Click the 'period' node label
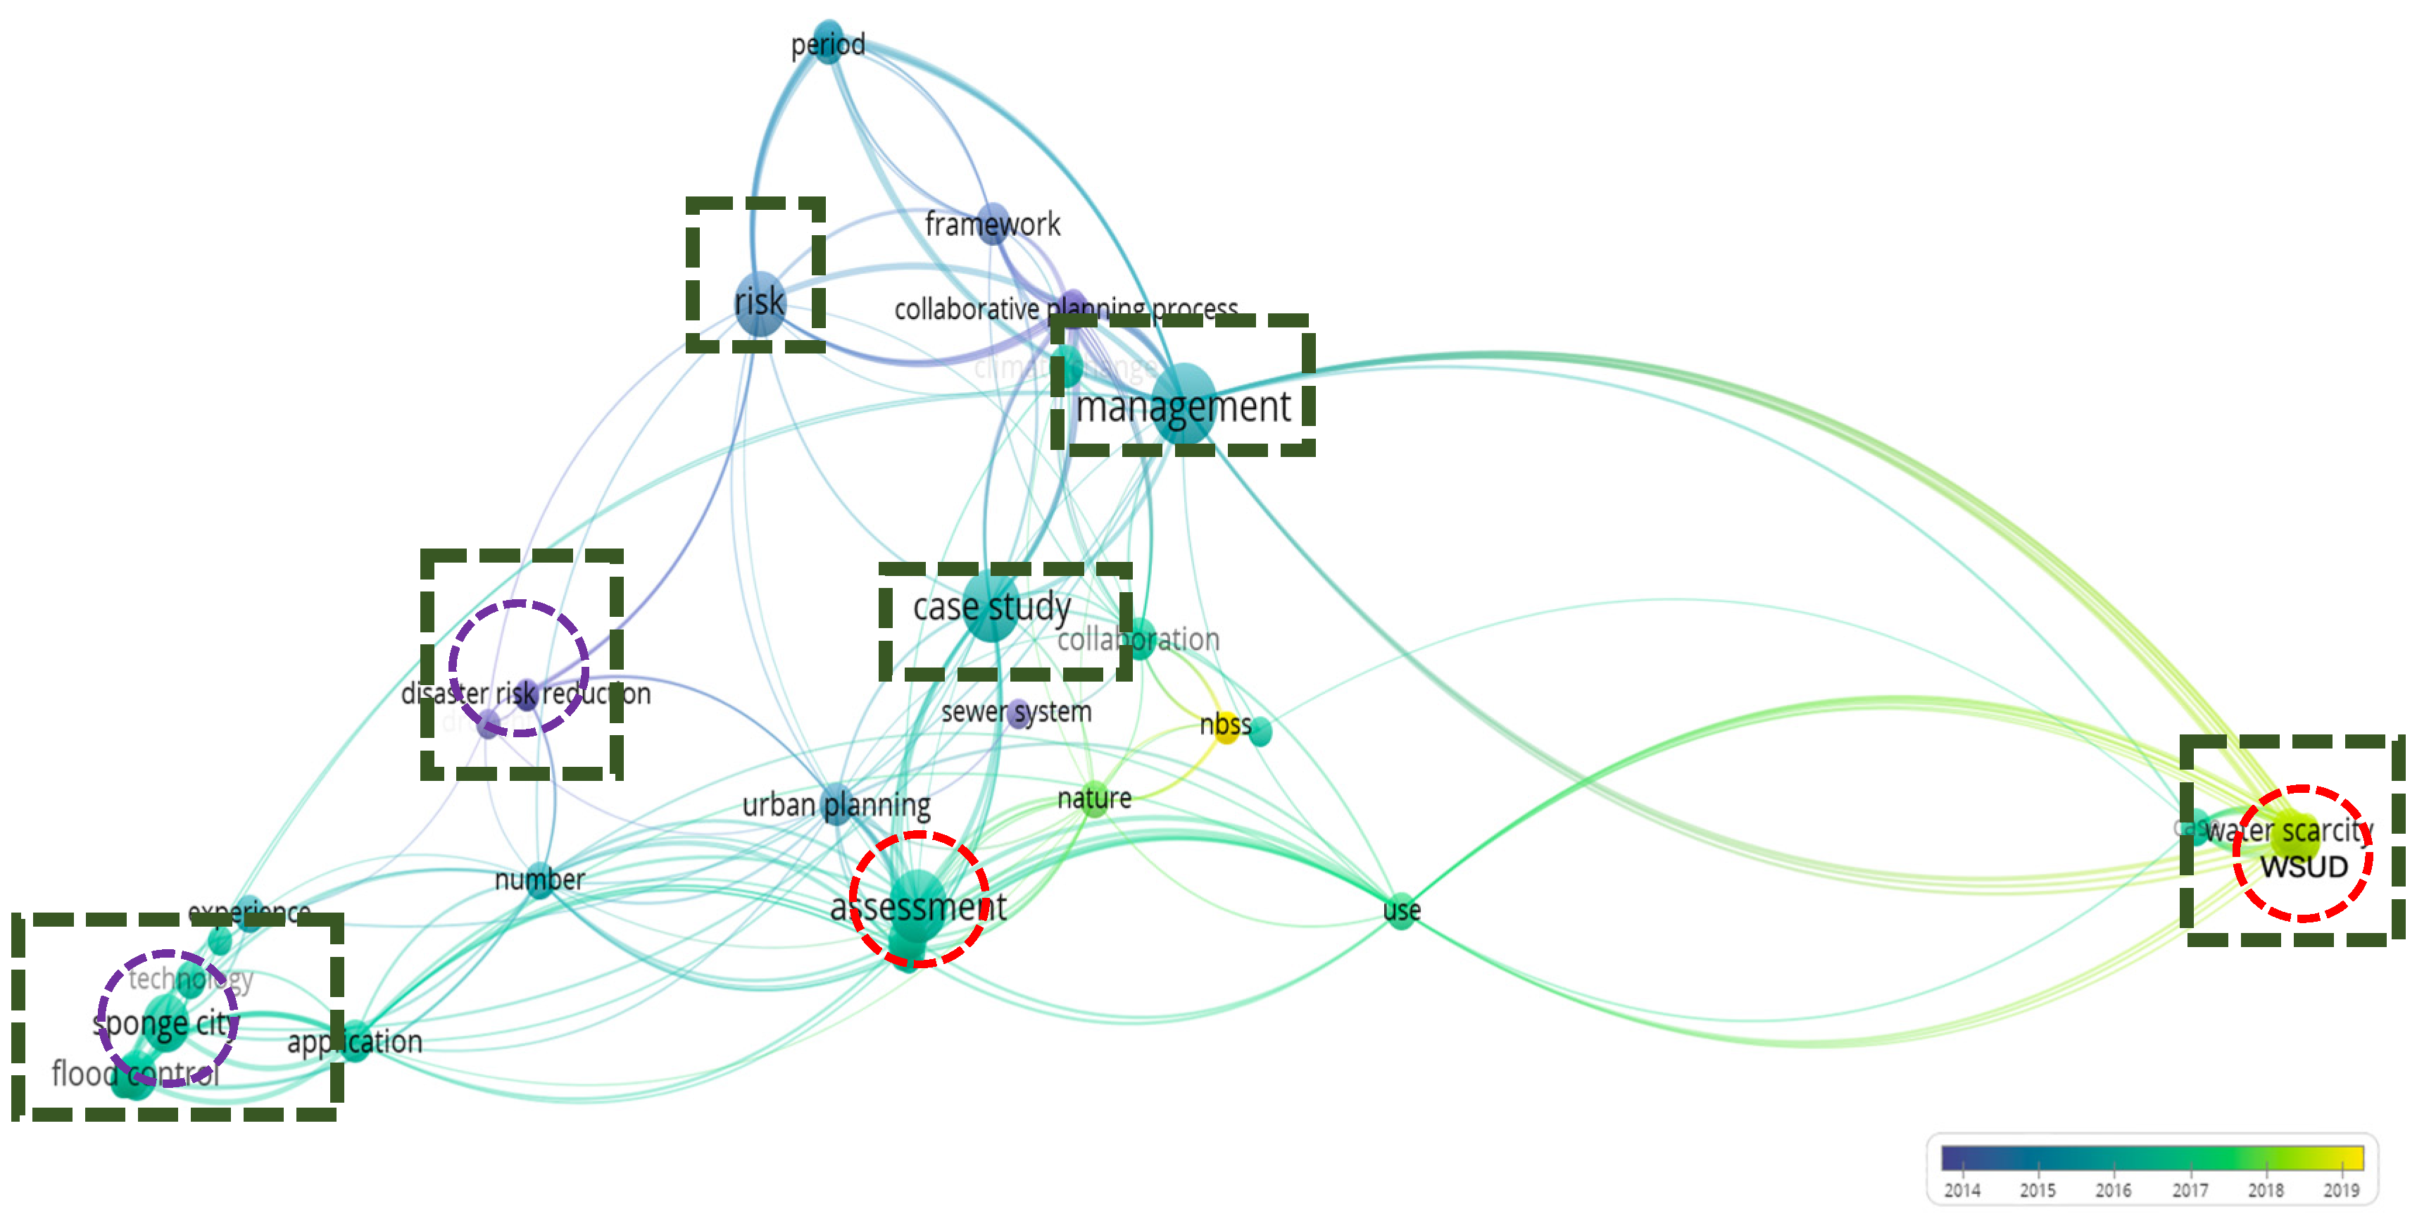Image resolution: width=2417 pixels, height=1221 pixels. click(x=827, y=44)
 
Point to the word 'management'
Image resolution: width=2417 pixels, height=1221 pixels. click(x=1184, y=407)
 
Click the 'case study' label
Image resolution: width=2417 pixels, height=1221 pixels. click(x=992, y=607)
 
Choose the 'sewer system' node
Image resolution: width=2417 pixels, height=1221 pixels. click(x=1018, y=713)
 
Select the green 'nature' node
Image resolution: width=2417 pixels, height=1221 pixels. click(x=1094, y=799)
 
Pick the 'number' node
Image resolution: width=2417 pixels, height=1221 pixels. click(x=539, y=879)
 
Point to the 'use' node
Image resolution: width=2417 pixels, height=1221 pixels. click(x=1401, y=910)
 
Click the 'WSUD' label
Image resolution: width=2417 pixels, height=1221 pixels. click(x=2304, y=866)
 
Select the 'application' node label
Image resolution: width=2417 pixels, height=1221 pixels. click(x=355, y=1041)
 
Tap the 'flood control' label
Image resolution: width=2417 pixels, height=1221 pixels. click(x=135, y=1072)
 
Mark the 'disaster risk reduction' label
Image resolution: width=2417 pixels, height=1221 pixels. click(x=525, y=694)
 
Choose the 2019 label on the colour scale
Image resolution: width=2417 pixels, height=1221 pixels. click(x=2341, y=1190)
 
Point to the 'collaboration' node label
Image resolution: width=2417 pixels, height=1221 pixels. click(x=1138, y=640)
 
